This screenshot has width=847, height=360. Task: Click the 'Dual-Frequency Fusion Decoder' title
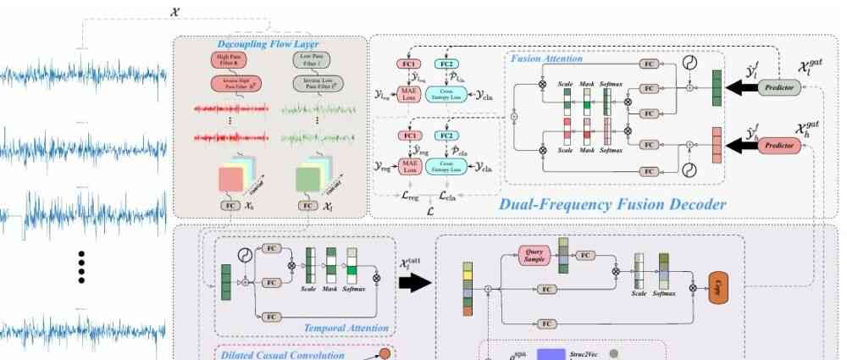click(612, 204)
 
